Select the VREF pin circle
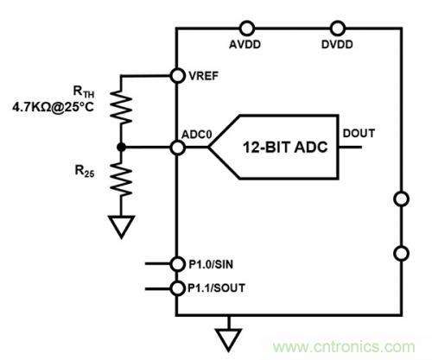[177, 75]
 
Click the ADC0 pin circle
[177, 148]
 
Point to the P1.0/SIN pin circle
[177, 265]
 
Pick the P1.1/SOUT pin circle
[177, 288]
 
